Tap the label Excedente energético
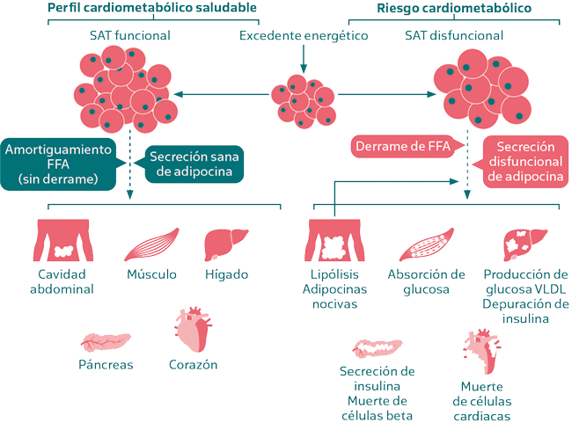point(304,37)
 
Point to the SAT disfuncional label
point(454,37)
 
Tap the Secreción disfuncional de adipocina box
point(523,163)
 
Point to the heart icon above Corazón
point(194,329)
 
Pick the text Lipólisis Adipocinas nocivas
point(329,288)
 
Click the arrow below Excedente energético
point(304,60)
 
